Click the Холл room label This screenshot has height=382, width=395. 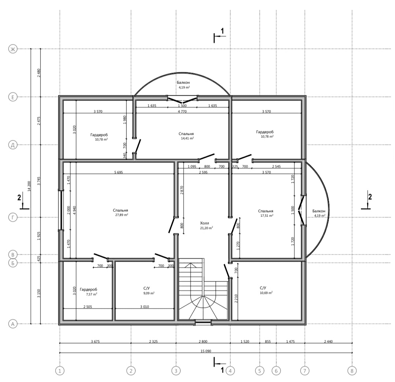pos(204,223)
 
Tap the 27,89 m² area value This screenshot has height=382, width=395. pos(121,215)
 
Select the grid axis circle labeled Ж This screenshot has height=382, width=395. pos(13,49)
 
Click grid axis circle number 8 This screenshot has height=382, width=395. pos(352,371)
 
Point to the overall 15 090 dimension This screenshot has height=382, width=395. pos(206,351)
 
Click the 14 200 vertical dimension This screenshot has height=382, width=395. pos(29,186)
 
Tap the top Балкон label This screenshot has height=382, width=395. pos(183,82)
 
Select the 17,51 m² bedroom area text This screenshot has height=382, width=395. pos(267,216)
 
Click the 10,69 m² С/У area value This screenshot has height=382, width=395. pos(266,293)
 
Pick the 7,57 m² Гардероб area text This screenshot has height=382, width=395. pos(92,294)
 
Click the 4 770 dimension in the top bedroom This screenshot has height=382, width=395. pos(182,111)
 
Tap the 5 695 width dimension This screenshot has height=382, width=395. pos(118,173)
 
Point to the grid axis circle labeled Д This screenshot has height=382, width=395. pos(13,145)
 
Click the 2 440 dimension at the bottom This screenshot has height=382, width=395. pos(328,342)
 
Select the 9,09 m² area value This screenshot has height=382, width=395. pos(148,293)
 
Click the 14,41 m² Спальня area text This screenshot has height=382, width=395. pos(187,138)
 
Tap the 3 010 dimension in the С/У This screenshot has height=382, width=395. pos(144,307)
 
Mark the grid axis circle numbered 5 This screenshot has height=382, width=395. pos(259,371)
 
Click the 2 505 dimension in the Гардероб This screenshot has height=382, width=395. pos(88,307)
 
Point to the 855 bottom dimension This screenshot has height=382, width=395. pos(268,342)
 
